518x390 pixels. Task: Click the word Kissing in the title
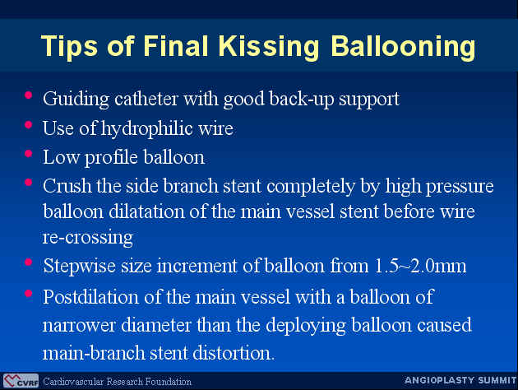269,47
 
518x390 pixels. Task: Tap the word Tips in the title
69,47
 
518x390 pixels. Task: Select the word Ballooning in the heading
403,47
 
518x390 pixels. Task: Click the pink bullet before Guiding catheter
29,95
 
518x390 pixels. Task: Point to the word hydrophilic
146,129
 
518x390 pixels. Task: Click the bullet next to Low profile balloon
29,154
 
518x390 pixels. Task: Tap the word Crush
67,186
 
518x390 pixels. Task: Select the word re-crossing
88,238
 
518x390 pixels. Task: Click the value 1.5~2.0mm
420,266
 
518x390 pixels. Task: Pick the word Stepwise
79,266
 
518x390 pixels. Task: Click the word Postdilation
90,297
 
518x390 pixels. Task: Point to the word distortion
234,353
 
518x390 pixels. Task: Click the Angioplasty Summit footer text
460,380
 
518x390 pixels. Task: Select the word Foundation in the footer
169,382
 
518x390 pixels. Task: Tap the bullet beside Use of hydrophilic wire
29,124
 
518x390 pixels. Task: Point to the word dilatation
146,211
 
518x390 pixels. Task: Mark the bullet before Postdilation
29,294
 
